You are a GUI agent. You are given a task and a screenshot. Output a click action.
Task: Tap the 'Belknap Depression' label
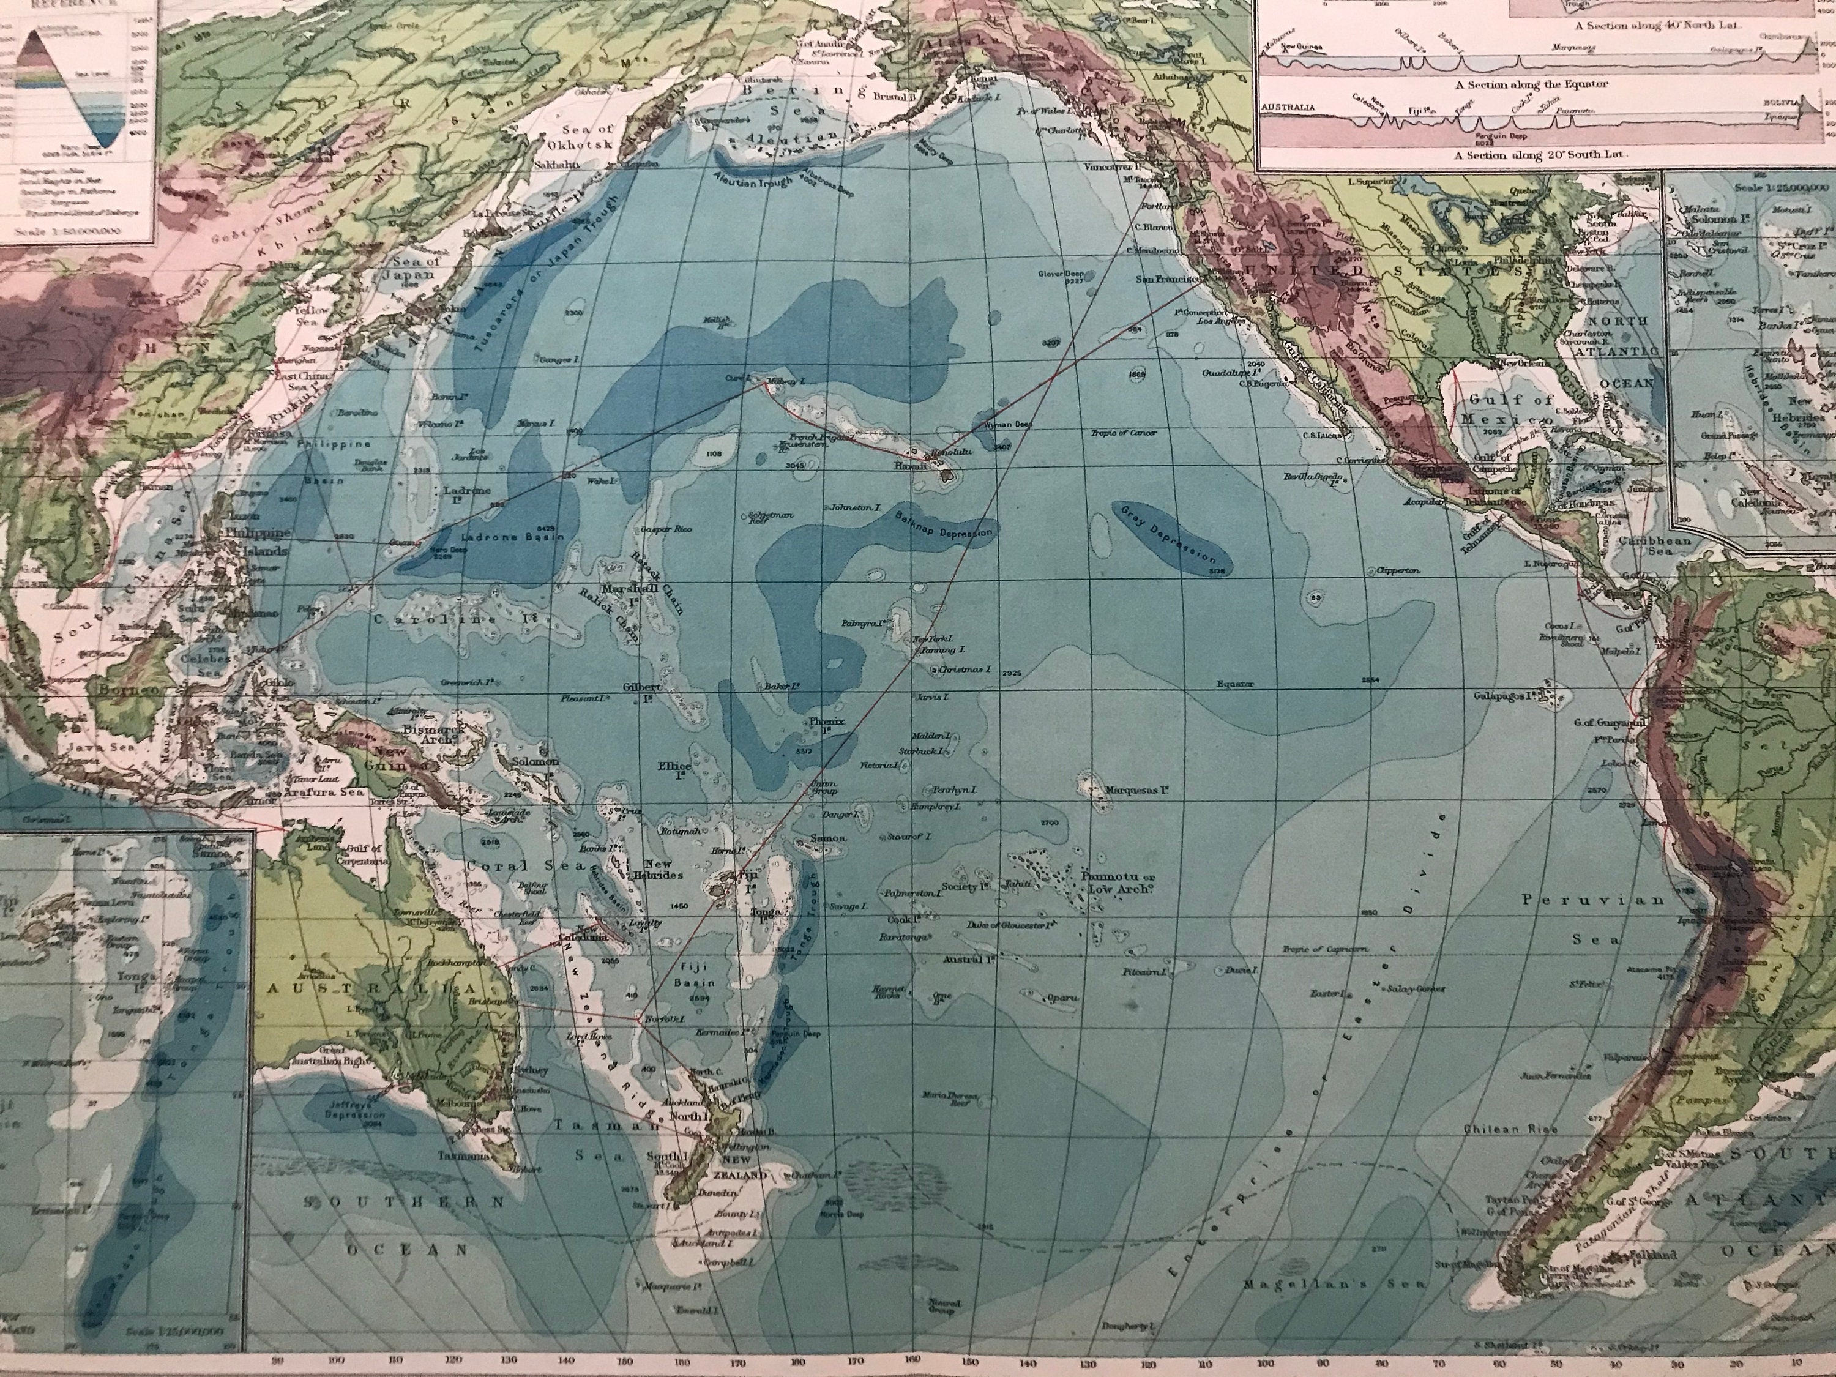pos(944,524)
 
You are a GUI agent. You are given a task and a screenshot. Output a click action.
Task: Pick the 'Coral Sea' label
pos(498,866)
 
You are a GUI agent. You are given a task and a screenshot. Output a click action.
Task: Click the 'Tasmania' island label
pos(461,1155)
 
